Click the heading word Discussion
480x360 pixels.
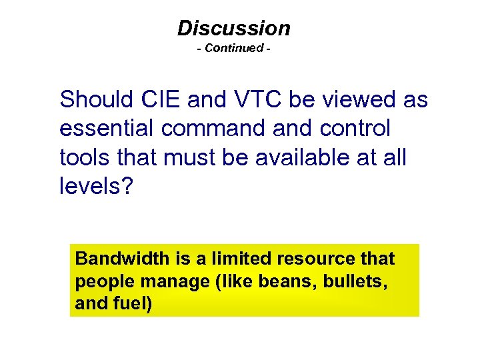pos(234,28)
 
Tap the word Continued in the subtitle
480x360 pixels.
pos(234,48)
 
